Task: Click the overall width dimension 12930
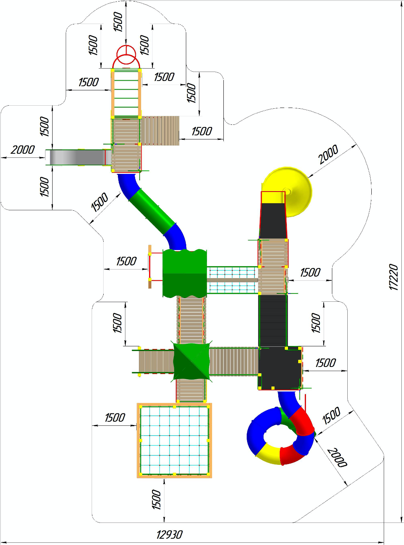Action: tap(169, 535)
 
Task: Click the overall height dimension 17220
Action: tap(393, 277)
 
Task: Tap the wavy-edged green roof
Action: tap(185, 273)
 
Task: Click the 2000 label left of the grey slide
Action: tap(23, 150)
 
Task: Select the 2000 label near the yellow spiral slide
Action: tap(328, 154)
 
